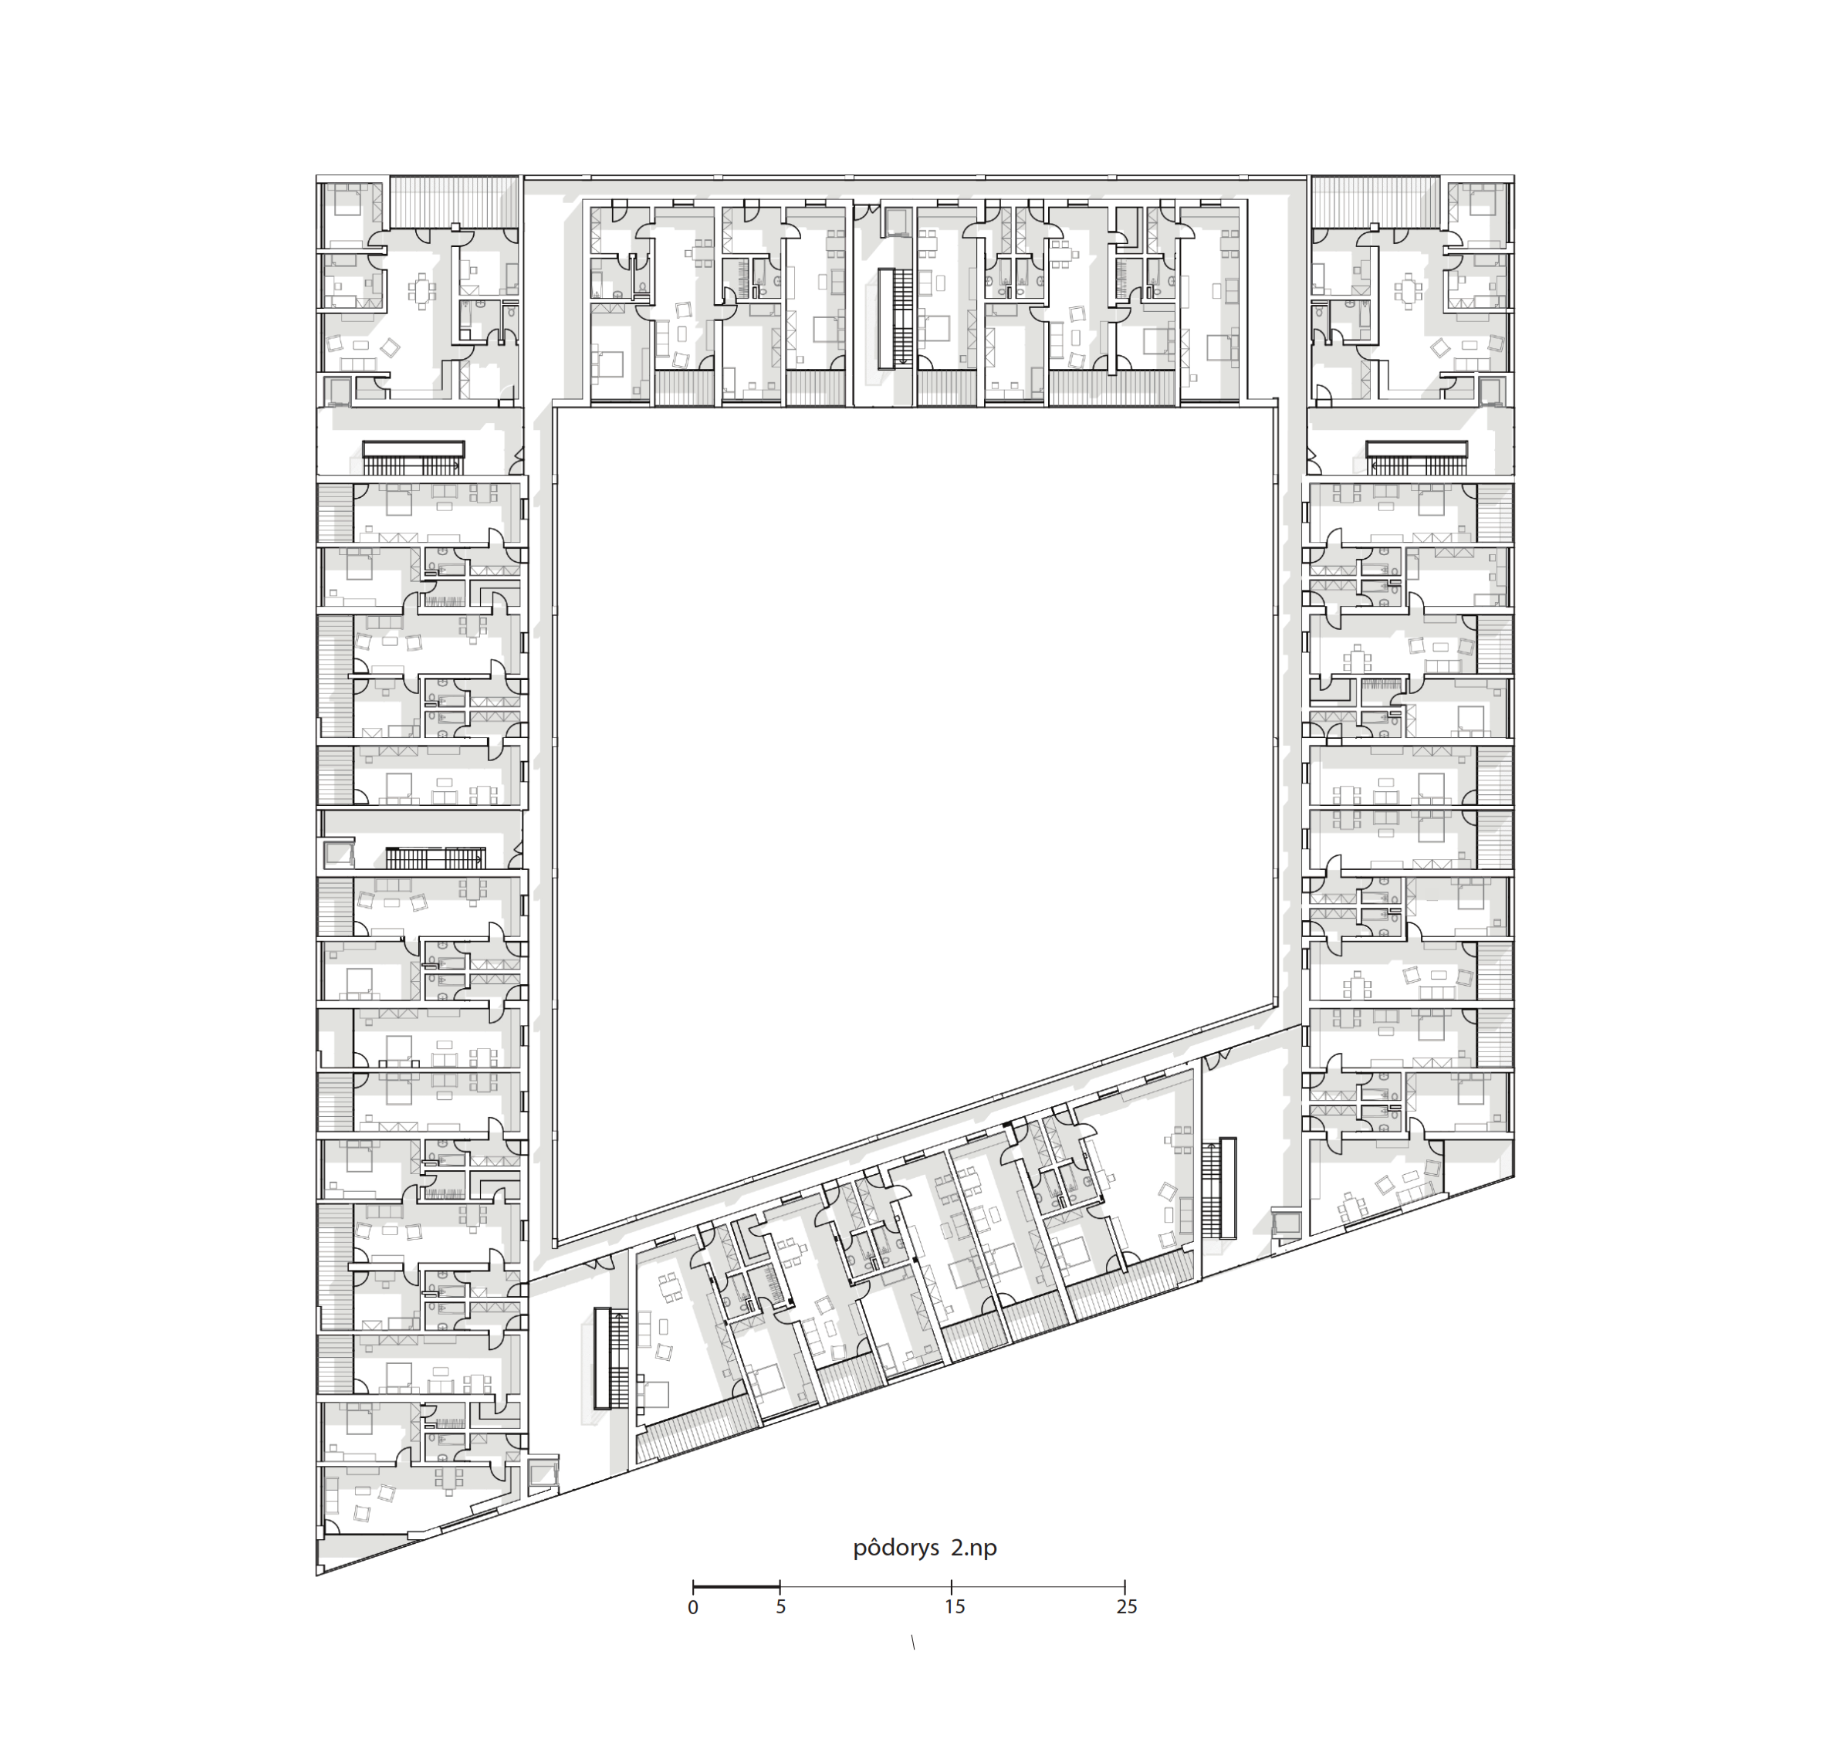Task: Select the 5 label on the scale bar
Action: (780, 1607)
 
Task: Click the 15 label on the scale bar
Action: (954, 1607)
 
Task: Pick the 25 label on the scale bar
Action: (1126, 1607)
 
